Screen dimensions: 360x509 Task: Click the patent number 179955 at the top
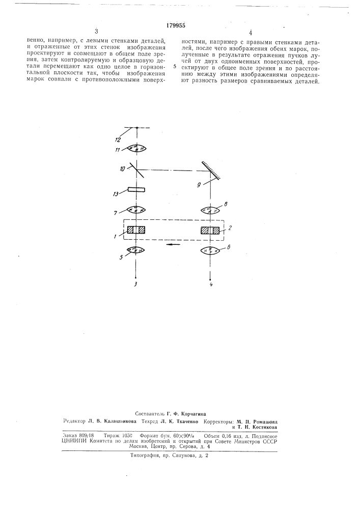pyautogui.click(x=176, y=26)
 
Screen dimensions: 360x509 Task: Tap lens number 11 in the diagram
pyautogui.click(x=137, y=149)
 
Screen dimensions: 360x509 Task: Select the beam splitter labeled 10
pyautogui.click(x=137, y=169)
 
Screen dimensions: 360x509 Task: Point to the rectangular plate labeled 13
pyautogui.click(x=136, y=190)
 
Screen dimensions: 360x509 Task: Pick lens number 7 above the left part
pyautogui.click(x=136, y=210)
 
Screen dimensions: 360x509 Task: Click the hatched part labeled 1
pyautogui.click(x=136, y=230)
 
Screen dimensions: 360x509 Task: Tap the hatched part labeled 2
pyautogui.click(x=210, y=230)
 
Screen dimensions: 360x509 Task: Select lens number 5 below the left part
pyautogui.click(x=136, y=250)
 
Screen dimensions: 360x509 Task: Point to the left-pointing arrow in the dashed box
pyautogui.click(x=173, y=244)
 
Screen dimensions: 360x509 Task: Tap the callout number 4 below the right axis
pyautogui.click(x=211, y=285)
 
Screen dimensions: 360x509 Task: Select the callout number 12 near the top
pyautogui.click(x=118, y=140)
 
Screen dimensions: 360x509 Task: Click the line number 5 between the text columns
pyautogui.click(x=175, y=67)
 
